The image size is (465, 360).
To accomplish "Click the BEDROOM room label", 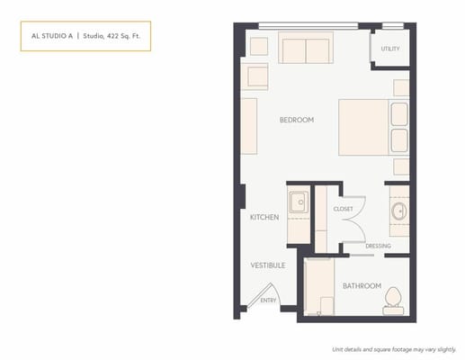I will pyautogui.click(x=296, y=120).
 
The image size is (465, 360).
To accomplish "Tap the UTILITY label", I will pyautogui.click(x=389, y=49).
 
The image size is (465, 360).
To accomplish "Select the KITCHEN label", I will pyautogui.click(x=264, y=218).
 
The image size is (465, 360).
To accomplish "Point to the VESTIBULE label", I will pyautogui.click(x=267, y=265).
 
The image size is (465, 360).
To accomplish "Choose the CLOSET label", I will pyautogui.click(x=343, y=209).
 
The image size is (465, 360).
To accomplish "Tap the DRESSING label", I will pyautogui.click(x=378, y=246).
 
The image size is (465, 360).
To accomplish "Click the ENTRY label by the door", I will pyautogui.click(x=268, y=301).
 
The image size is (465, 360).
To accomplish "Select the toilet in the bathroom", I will pyautogui.click(x=392, y=297).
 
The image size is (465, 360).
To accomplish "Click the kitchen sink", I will pyautogui.click(x=297, y=201).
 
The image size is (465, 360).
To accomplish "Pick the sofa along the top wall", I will pyautogui.click(x=303, y=49).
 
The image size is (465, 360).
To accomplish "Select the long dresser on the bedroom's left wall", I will pyautogui.click(x=249, y=126).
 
